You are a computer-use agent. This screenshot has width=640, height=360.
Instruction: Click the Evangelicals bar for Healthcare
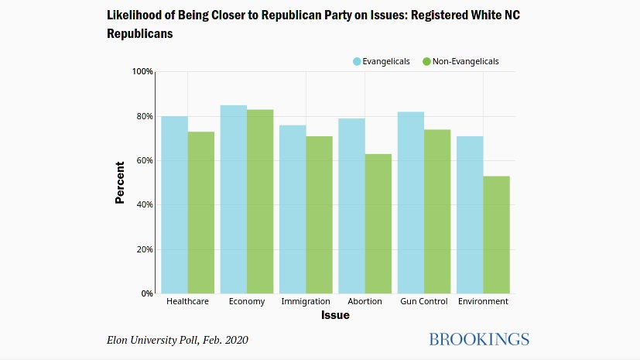point(174,205)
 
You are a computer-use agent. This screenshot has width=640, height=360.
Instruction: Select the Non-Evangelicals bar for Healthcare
point(201,213)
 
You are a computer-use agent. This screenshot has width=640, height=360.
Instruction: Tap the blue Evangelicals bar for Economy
point(234,200)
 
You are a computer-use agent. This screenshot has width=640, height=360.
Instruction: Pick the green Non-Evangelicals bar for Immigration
point(320,215)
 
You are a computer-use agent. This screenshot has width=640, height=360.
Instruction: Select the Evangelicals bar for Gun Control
point(411,203)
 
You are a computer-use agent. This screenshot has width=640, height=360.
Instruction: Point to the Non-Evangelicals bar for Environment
point(496,235)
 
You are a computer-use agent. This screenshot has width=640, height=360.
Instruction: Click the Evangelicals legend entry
point(382,61)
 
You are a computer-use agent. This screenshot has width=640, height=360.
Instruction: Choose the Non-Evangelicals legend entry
point(461,61)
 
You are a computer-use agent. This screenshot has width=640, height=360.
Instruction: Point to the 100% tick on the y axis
point(142,72)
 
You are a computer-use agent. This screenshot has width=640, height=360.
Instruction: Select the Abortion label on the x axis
point(365,302)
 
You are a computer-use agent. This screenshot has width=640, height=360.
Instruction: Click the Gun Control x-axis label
point(424,302)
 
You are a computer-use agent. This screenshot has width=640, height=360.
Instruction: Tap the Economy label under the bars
point(247,302)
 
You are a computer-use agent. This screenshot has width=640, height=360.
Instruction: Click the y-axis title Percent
point(120,183)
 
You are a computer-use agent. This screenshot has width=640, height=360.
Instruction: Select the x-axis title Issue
point(335,316)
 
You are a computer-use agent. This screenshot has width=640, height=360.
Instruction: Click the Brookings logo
point(478,339)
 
